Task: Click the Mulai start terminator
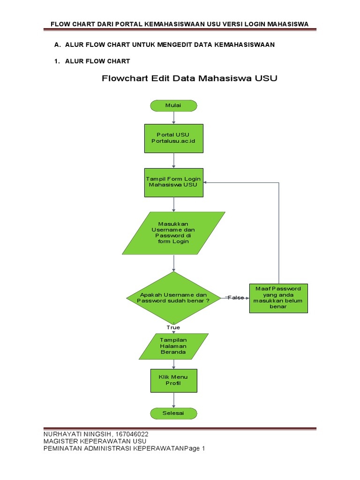click(173, 105)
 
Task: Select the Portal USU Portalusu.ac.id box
click(173, 138)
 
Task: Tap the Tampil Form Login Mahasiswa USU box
click(173, 182)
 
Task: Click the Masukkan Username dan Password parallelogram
click(173, 233)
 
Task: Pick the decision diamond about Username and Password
click(173, 298)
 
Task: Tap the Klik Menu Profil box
click(173, 380)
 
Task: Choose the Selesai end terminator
click(173, 413)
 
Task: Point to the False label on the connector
click(236, 298)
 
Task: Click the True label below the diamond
click(173, 327)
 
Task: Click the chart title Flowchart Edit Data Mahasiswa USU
click(190, 79)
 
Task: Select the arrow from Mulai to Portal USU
click(173, 118)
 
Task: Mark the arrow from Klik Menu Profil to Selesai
click(173, 400)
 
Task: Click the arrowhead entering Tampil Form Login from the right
click(207, 182)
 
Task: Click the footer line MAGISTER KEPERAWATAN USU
click(95, 441)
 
